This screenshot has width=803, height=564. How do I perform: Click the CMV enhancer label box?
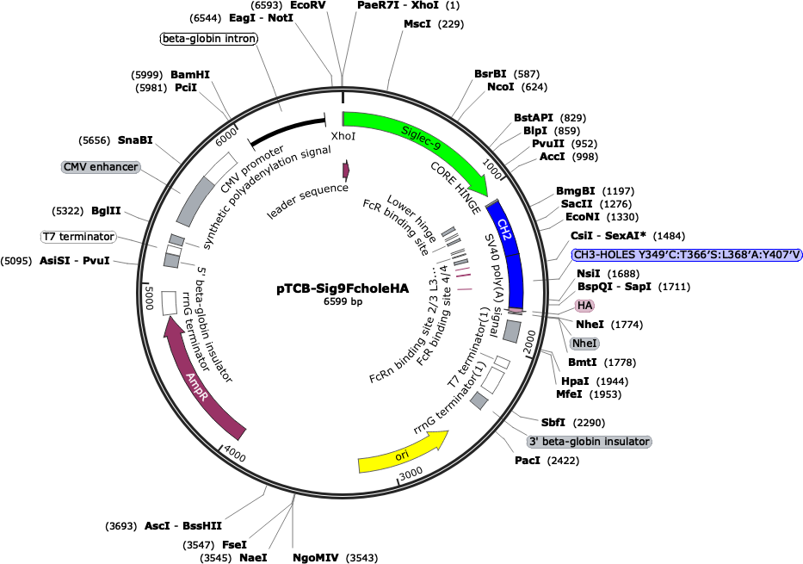click(x=100, y=166)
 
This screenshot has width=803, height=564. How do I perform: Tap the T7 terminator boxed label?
click(x=78, y=236)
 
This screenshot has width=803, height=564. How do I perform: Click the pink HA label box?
click(x=585, y=305)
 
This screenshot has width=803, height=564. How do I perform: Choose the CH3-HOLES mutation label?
click(x=687, y=254)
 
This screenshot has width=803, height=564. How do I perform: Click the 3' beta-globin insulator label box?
click(x=589, y=441)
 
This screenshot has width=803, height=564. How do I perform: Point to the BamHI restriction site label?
click(x=190, y=75)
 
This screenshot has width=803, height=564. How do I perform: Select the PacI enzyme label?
click(x=528, y=461)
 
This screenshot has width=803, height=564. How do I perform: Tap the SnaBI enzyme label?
click(x=135, y=140)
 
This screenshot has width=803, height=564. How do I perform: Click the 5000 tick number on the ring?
click(x=147, y=301)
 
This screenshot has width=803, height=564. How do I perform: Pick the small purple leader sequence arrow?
click(x=346, y=170)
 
